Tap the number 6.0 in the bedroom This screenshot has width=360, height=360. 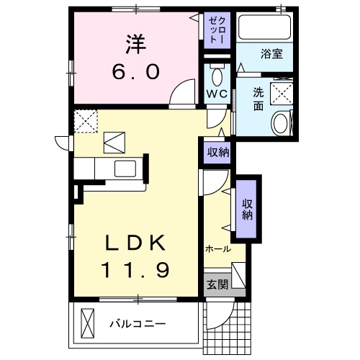pos(135,72)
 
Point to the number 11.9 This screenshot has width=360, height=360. pos(135,271)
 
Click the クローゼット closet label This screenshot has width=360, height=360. pos(216,30)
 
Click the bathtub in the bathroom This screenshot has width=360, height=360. pos(264,29)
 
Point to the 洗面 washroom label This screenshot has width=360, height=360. pos(258,97)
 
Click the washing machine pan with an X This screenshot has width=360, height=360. pos(280,92)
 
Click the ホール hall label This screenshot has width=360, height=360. pos(217,249)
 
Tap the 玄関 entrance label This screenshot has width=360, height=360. pos(217,284)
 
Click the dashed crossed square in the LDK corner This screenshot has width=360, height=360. pos(87,121)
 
